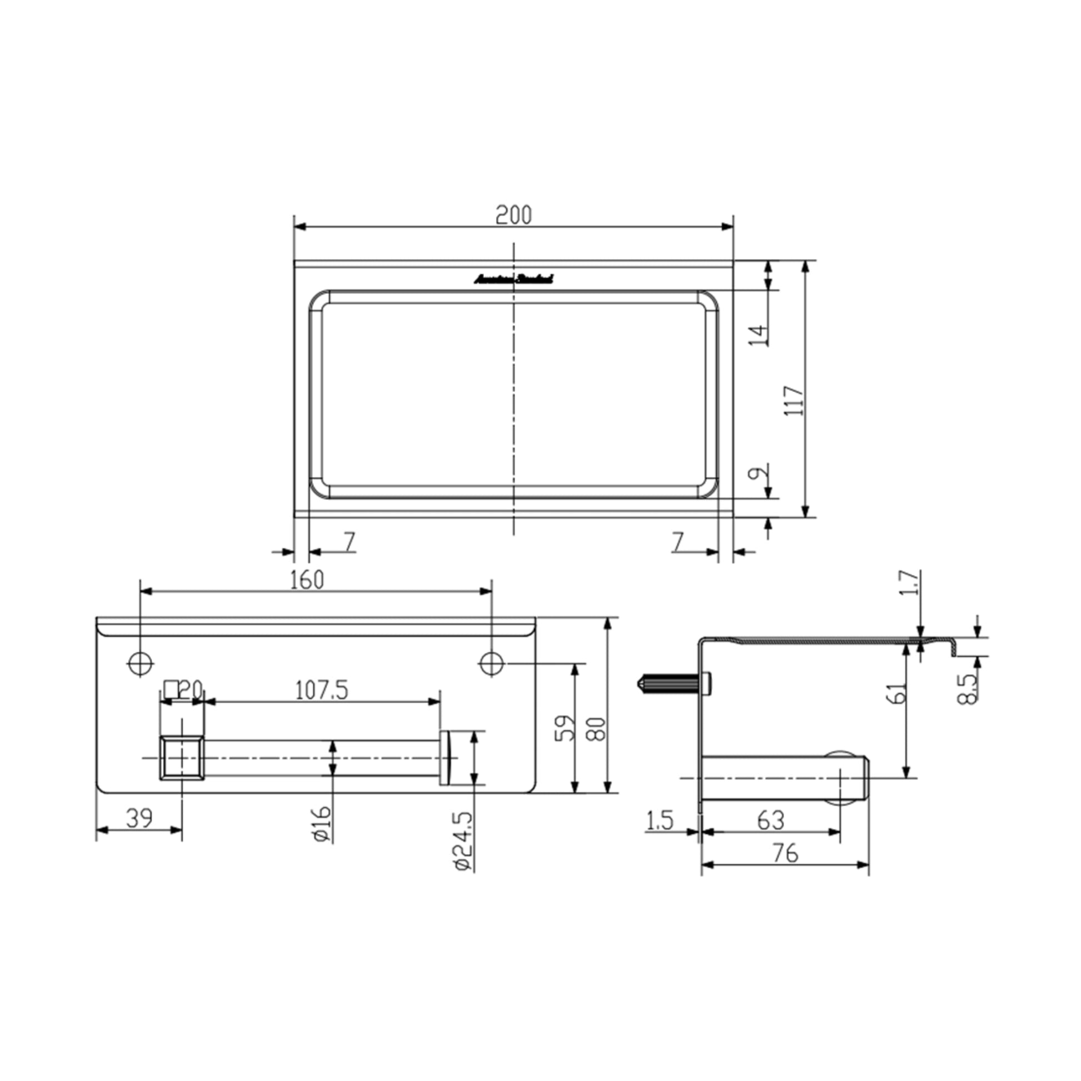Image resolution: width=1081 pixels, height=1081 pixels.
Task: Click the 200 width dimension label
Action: tap(513, 216)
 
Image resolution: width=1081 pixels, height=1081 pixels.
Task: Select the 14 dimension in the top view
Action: tap(759, 334)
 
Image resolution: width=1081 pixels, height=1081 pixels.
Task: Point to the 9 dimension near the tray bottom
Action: tap(756, 473)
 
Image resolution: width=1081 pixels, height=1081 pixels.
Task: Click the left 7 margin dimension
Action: tap(349, 542)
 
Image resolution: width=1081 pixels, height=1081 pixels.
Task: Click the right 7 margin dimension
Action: tap(678, 542)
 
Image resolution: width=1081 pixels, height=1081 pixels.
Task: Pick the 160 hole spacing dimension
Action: tap(307, 580)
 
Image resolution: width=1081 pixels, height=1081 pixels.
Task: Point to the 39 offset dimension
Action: tap(139, 818)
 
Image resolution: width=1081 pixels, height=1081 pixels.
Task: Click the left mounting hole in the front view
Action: tap(141, 664)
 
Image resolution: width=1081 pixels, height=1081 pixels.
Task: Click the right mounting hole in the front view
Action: tap(492, 664)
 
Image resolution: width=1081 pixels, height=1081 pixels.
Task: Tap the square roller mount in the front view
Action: tap(181, 758)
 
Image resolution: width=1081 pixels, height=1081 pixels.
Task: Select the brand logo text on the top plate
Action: tap(514, 278)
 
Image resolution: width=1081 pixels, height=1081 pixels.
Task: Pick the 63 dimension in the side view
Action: tap(770, 821)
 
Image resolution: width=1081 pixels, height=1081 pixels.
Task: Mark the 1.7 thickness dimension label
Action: tap(910, 583)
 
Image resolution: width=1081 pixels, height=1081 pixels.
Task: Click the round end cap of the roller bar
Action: tap(446, 758)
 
